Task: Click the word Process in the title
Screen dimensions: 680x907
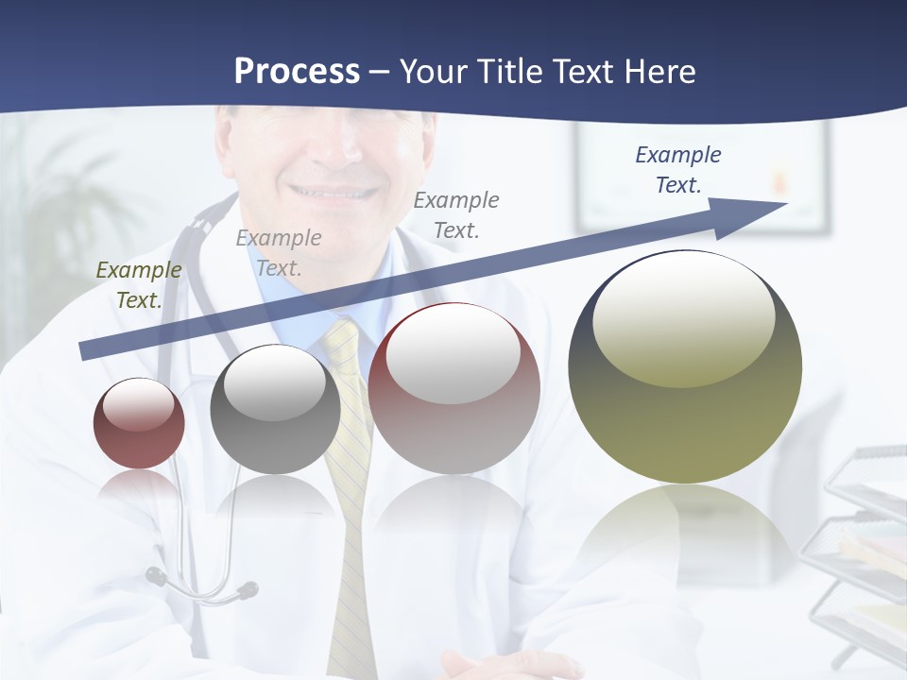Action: (x=297, y=71)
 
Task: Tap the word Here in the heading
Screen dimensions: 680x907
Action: (x=659, y=71)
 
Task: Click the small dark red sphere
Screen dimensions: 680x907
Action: (x=139, y=424)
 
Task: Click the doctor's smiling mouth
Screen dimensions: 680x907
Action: (x=331, y=192)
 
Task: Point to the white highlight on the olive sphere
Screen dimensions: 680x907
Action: (x=683, y=316)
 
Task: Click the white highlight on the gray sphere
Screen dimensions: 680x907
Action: (x=275, y=382)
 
